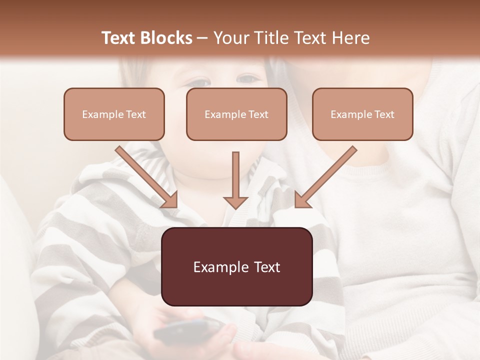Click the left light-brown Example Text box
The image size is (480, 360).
pyautogui.click(x=114, y=114)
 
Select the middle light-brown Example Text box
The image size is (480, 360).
pyautogui.click(x=236, y=114)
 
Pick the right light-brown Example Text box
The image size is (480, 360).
pyautogui.click(x=362, y=114)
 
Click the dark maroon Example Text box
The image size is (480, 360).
pyautogui.click(x=236, y=266)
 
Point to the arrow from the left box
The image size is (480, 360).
pyautogui.click(x=147, y=177)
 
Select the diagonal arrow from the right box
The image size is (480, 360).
pyautogui.click(x=325, y=177)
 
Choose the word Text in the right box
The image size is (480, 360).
pyautogui.click(x=383, y=114)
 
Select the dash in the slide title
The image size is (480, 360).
pyautogui.click(x=202, y=38)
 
